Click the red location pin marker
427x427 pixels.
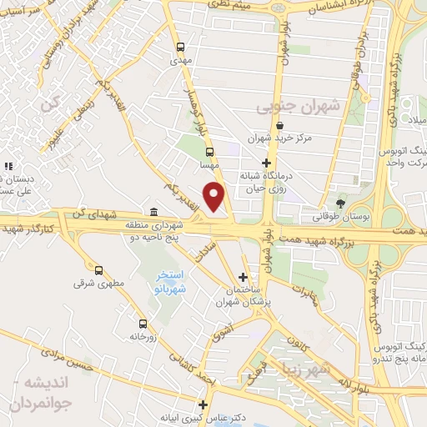[x=216, y=198]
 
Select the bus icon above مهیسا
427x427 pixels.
[x=209, y=152]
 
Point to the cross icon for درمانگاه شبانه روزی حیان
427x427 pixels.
[x=266, y=163]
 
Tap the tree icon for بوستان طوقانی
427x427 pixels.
[x=339, y=203]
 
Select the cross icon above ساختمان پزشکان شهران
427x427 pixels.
[x=243, y=277]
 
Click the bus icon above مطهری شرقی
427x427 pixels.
[x=99, y=270]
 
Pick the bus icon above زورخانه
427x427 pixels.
[x=143, y=323]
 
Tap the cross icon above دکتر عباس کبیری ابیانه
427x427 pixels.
[x=201, y=404]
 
